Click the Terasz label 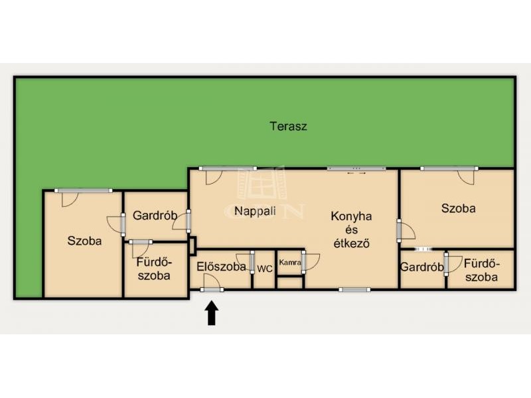point(289,126)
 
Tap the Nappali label point(255,211)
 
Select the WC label point(264,269)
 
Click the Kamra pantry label point(290,262)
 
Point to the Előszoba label point(221,267)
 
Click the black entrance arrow point(212,313)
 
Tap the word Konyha point(351,216)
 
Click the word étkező point(351,243)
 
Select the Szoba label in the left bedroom point(84,241)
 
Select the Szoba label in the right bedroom point(458,208)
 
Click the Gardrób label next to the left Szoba point(155,215)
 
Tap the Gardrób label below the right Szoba point(422,267)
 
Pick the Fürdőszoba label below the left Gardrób point(154,269)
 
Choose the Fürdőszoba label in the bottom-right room point(482,271)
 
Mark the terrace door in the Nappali point(214,176)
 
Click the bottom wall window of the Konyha point(354,290)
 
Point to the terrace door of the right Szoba point(467,176)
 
